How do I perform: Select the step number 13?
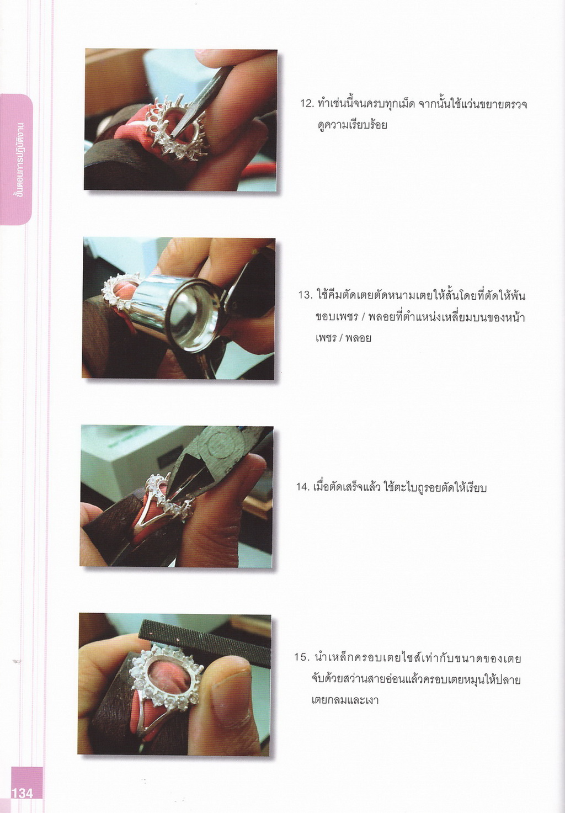pyautogui.click(x=305, y=295)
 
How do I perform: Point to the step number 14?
pyautogui.click(x=303, y=487)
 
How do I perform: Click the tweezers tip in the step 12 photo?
pyautogui.click(x=173, y=136)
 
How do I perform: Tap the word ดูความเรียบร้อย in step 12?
pyautogui.click(x=352, y=125)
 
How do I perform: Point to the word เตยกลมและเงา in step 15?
pyautogui.click(x=345, y=699)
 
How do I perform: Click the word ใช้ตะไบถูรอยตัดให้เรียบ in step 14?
pyautogui.click(x=435, y=487)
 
